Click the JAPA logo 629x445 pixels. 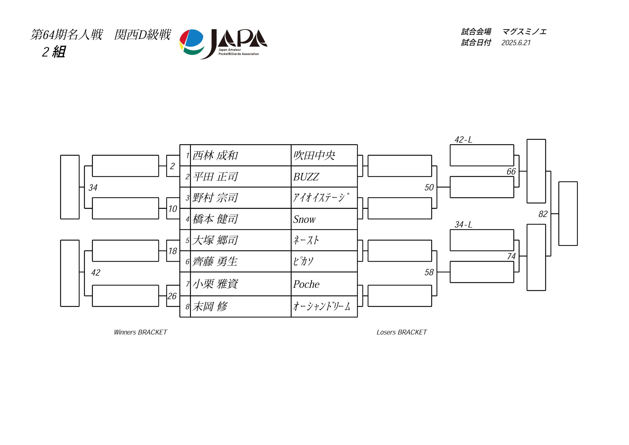tap(223, 44)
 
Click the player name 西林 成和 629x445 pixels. tap(215, 155)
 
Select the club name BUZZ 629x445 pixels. tap(306, 177)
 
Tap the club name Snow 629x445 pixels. tap(304, 219)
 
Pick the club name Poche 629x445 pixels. tap(306, 284)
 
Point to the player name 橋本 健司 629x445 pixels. tap(215, 219)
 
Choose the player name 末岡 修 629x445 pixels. tap(210, 306)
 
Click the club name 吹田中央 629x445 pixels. tap(314, 155)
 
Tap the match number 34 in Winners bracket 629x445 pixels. tap(93, 187)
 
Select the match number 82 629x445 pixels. tap(543, 214)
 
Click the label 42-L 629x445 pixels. tap(463, 140)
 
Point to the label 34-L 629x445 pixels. tap(463, 225)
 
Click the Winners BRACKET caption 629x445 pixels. tap(140, 332)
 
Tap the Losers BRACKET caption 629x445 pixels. tap(402, 332)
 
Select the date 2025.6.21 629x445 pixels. tap(516, 43)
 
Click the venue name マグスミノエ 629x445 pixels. tap(524, 32)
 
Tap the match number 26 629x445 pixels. tap(172, 296)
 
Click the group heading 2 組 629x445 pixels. tap(54, 52)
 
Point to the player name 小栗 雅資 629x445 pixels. tap(215, 284)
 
